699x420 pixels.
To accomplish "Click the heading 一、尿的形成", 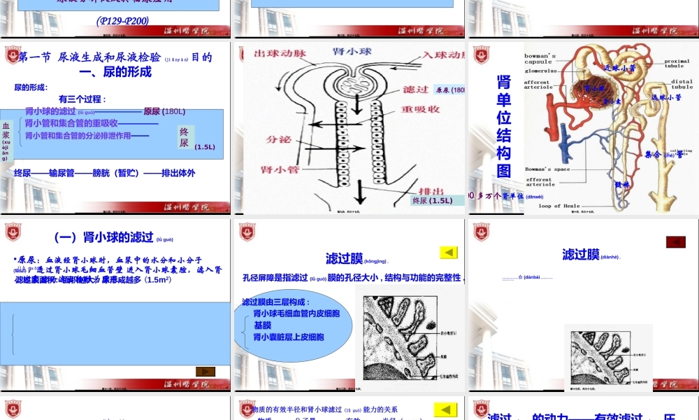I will coord(115,71).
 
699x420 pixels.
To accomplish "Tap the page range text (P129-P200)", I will coord(122,21).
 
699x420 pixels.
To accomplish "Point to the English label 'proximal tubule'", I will coord(677,63).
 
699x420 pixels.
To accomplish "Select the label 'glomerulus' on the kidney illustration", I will coord(541,71).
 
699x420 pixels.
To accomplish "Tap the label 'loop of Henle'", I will coord(559,206).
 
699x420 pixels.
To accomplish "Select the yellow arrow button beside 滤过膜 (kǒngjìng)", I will coord(448,252).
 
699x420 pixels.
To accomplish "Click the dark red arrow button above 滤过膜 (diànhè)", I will coord(675,241).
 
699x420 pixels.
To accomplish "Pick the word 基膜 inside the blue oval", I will coord(263,325).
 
